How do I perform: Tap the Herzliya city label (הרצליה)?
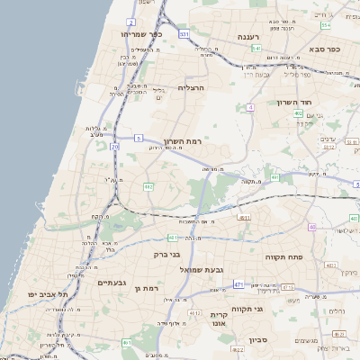tap(193, 88)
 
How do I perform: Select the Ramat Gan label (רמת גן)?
tap(144, 288)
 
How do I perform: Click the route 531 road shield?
tap(184, 34)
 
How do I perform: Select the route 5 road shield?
tap(139, 138)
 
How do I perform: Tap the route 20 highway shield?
tap(114, 146)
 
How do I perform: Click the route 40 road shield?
tap(311, 228)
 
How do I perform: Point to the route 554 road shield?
tap(325, 25)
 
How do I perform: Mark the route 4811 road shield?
tap(244, 218)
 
